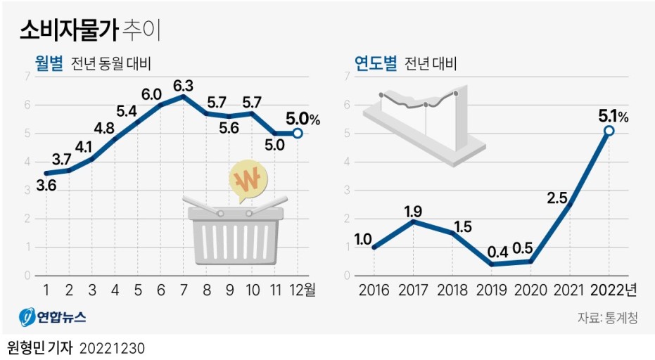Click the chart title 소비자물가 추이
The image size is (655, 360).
click(x=93, y=30)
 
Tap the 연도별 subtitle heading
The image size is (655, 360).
click(x=376, y=64)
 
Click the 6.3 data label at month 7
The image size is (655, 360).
click(x=183, y=85)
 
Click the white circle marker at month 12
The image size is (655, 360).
click(x=298, y=133)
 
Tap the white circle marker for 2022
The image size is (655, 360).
click(x=609, y=131)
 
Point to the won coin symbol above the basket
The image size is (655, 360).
click(x=247, y=182)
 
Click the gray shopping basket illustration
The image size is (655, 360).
click(x=235, y=235)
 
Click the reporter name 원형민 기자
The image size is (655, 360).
click(x=39, y=348)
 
